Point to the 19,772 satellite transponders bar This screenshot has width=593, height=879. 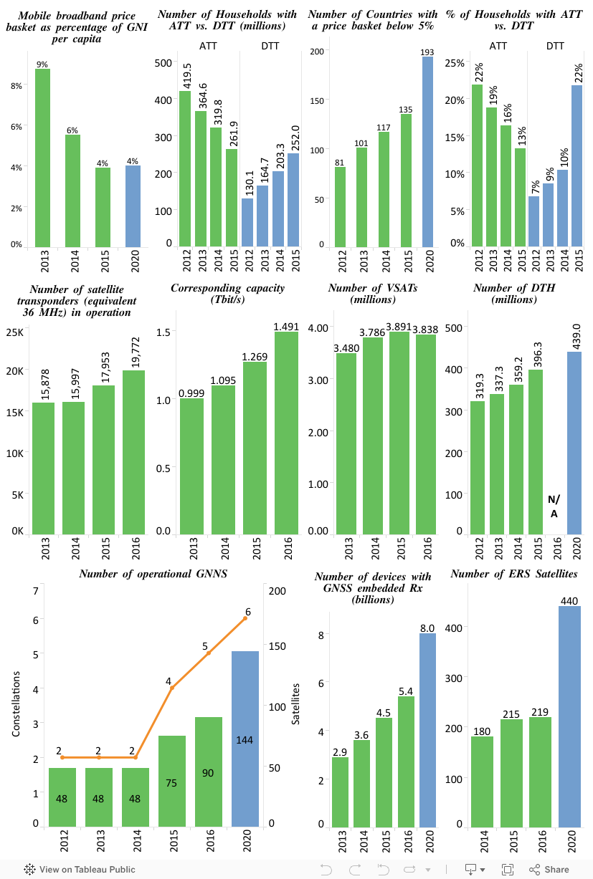pyautogui.click(x=133, y=452)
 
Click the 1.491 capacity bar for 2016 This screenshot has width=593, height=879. pyautogui.click(x=287, y=433)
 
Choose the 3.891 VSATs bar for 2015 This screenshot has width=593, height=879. pyautogui.click(x=400, y=433)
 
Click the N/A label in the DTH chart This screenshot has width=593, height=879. pyautogui.click(x=554, y=506)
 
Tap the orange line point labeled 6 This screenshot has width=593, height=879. pyautogui.click(x=245, y=618)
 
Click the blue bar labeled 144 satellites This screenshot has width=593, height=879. pyautogui.click(x=245, y=739)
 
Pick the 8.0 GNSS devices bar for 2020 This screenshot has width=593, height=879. pyautogui.click(x=427, y=731)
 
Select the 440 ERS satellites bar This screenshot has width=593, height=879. pyautogui.click(x=569, y=716)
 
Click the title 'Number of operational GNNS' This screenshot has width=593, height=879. pyautogui.click(x=153, y=574)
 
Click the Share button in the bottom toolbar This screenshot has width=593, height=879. pyautogui.click(x=549, y=870)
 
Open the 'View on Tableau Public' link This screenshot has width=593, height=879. pyautogui.click(x=80, y=870)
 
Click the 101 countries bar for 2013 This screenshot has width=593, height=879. pyautogui.click(x=362, y=197)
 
